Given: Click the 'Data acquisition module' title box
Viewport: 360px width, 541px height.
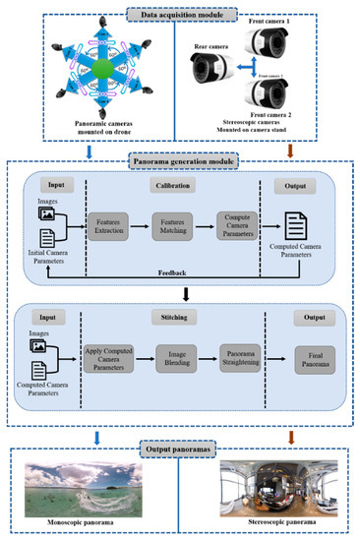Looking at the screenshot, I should click(x=180, y=14).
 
